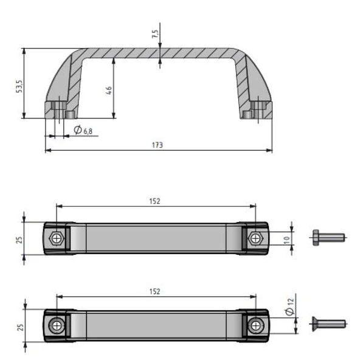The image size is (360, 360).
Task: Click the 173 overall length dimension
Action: [159, 145]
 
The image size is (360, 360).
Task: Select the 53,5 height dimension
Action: [19, 85]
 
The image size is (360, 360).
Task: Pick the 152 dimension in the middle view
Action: [155, 201]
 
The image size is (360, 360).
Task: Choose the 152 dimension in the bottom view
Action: [155, 291]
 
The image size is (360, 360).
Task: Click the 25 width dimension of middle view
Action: [18, 238]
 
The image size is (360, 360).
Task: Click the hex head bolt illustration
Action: [327, 237]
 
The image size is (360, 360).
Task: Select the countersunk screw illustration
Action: [328, 324]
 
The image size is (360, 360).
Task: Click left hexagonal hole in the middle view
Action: [57, 238]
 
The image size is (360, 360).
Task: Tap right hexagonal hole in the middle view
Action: [255, 238]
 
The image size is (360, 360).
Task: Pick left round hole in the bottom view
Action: [57, 327]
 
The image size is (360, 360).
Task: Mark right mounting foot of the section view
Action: [255, 111]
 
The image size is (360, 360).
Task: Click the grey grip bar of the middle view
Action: [155, 238]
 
